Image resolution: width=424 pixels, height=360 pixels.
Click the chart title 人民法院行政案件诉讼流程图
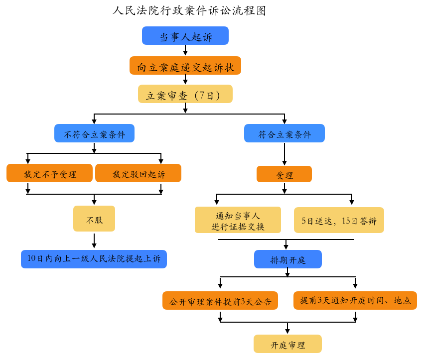pos(189,11)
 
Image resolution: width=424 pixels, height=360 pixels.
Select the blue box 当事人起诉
pos(185,36)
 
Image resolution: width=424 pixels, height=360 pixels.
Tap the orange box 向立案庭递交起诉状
pos(185,66)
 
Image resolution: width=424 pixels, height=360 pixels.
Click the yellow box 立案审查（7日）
pos(185,94)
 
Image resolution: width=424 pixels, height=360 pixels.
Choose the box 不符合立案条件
pos(94,133)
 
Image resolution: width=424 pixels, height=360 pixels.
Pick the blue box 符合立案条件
pos(284,133)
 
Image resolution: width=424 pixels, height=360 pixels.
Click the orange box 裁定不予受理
pos(50,173)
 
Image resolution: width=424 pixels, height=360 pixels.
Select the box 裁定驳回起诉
pos(138,173)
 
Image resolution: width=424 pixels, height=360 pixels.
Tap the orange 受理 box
pos(284,174)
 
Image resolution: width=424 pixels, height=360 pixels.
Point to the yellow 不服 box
pos(94,219)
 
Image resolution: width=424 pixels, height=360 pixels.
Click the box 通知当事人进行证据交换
pos(238,220)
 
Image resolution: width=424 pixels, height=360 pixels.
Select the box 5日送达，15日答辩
pos(339,220)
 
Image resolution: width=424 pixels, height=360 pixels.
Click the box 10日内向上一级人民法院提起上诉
pos(94,259)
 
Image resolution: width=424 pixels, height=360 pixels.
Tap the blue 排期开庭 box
pos(288,259)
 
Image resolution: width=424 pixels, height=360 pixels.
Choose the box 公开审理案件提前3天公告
pos(220,301)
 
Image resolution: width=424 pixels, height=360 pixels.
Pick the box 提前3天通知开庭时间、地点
pos(355,301)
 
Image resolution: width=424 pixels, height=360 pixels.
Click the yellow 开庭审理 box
pos(288,344)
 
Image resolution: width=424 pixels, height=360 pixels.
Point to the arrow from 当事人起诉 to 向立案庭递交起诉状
pos(185,50)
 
